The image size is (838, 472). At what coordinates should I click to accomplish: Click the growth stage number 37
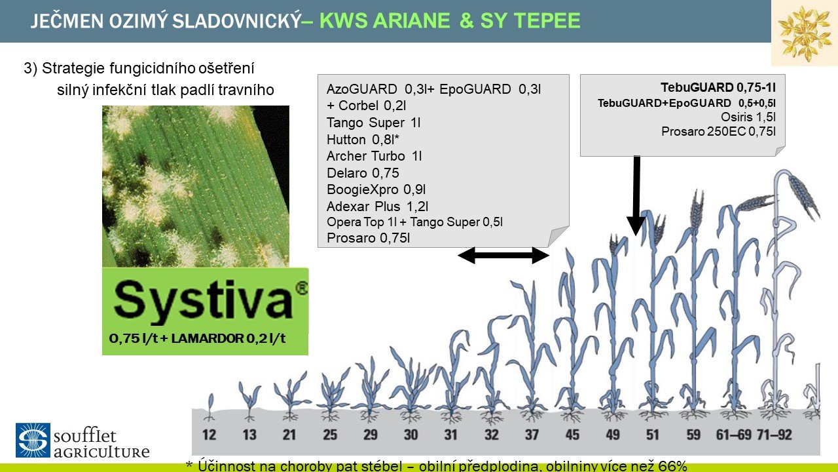(532, 435)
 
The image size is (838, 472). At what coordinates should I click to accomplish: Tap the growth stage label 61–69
(734, 435)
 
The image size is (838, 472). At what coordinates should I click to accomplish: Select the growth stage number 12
(209, 435)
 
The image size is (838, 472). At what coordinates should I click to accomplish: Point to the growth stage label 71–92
(774, 435)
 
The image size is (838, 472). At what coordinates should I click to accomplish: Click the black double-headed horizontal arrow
(503, 256)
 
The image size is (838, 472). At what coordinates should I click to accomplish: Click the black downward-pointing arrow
(636, 195)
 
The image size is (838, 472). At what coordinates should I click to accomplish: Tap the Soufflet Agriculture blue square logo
(33, 440)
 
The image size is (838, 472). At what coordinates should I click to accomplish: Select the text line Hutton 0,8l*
(363, 140)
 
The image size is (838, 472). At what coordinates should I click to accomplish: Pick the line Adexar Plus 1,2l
(378, 206)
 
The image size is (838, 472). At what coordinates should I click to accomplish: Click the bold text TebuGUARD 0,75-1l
(718, 87)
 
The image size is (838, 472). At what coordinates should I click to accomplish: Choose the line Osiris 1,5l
(748, 117)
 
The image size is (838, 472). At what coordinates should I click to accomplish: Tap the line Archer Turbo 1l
(374, 156)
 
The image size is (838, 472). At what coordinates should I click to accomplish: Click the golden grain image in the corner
(805, 33)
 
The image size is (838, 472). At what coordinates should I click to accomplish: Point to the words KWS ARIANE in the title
(385, 20)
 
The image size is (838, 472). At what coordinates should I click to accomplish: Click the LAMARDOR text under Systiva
(208, 338)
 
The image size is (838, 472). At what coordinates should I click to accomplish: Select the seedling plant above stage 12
(210, 407)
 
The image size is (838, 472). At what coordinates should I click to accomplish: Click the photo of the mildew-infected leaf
(196, 186)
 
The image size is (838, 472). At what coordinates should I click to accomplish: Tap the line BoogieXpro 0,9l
(376, 189)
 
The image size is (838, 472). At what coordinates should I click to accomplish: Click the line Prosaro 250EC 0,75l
(718, 132)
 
